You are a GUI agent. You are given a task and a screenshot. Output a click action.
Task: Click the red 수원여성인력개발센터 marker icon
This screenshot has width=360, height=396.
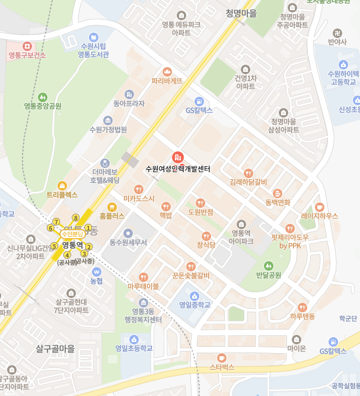[x=177, y=157]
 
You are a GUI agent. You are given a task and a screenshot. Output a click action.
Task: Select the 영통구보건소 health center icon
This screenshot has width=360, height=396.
[x=27, y=46]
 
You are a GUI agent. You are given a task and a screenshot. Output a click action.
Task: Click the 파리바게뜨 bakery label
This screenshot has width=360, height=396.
[x=167, y=81]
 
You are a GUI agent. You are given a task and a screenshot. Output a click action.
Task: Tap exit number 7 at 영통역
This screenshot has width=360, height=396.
[x=56, y=221]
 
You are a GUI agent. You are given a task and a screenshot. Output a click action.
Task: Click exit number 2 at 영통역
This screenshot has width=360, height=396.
[x=90, y=247]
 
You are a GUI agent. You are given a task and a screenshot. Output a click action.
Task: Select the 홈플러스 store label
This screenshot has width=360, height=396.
[x=112, y=216]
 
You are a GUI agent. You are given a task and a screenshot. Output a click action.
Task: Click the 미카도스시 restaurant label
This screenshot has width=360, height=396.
[x=139, y=198]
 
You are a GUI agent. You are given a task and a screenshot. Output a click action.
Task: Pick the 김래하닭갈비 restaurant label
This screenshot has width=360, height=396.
[x=248, y=182]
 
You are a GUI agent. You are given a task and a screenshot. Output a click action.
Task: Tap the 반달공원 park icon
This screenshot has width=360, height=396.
[x=268, y=265]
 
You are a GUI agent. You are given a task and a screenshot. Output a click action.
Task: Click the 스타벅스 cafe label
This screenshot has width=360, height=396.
[x=222, y=368]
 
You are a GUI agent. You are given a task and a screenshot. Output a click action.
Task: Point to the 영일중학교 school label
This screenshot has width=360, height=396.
[x=195, y=306]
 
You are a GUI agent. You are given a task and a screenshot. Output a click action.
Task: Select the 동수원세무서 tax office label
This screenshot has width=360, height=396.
[x=128, y=242]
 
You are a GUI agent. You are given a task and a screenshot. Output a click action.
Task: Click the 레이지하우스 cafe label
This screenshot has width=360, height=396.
[x=319, y=216]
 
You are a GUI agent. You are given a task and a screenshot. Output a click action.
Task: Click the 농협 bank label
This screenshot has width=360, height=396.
[x=96, y=280]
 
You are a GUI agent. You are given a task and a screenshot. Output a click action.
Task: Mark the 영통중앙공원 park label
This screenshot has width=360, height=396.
[x=43, y=106]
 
